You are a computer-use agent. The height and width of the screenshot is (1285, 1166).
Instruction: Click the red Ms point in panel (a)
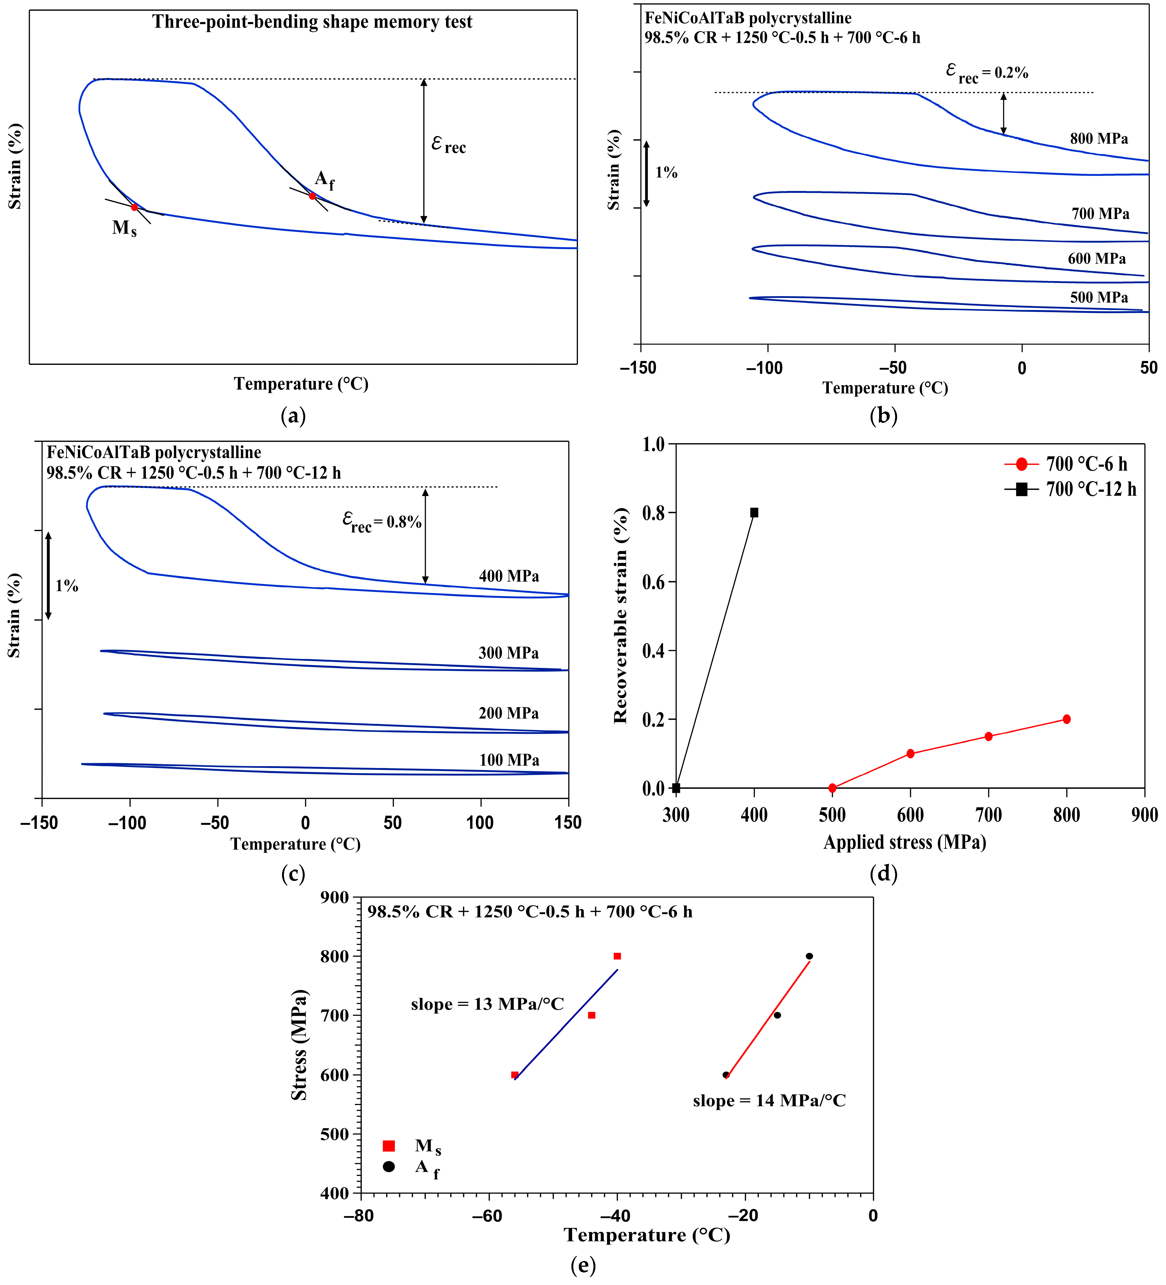(x=134, y=207)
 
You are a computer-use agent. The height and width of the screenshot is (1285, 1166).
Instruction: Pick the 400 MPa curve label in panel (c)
(x=509, y=576)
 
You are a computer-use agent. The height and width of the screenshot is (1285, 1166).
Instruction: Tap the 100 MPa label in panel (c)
(x=509, y=760)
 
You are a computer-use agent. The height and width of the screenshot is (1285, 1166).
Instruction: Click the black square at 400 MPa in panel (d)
(x=754, y=513)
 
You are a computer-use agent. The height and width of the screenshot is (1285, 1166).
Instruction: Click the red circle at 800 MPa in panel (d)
(x=1066, y=719)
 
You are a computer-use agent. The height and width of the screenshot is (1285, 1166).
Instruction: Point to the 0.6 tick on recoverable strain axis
(x=654, y=582)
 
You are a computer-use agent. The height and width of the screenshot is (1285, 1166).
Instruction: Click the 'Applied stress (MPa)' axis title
(x=905, y=842)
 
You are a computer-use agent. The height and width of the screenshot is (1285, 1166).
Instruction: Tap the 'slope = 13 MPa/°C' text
(x=487, y=1004)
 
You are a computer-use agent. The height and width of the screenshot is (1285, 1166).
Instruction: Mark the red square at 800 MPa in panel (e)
(x=617, y=956)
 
